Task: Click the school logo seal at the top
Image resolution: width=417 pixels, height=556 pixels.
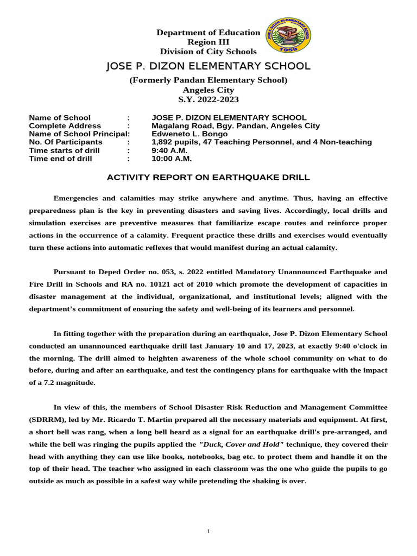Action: click(287, 36)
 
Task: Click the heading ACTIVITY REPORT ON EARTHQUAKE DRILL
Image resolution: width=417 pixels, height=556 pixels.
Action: click(208, 178)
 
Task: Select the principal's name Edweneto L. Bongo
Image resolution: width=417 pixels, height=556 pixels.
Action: click(189, 134)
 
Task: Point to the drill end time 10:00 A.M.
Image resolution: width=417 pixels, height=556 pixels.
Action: click(172, 159)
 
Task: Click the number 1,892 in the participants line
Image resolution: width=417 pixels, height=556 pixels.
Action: click(163, 142)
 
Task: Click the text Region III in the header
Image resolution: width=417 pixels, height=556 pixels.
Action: click(208, 42)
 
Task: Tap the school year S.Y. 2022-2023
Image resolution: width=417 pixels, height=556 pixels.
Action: click(208, 100)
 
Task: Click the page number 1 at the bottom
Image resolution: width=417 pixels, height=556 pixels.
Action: click(208, 531)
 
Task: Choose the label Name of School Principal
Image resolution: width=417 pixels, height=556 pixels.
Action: click(79, 134)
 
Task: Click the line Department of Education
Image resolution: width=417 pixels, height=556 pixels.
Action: click(208, 33)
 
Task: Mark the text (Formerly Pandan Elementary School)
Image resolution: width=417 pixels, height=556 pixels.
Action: click(208, 80)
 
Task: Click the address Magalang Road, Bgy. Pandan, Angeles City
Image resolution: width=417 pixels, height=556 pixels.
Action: click(236, 126)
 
